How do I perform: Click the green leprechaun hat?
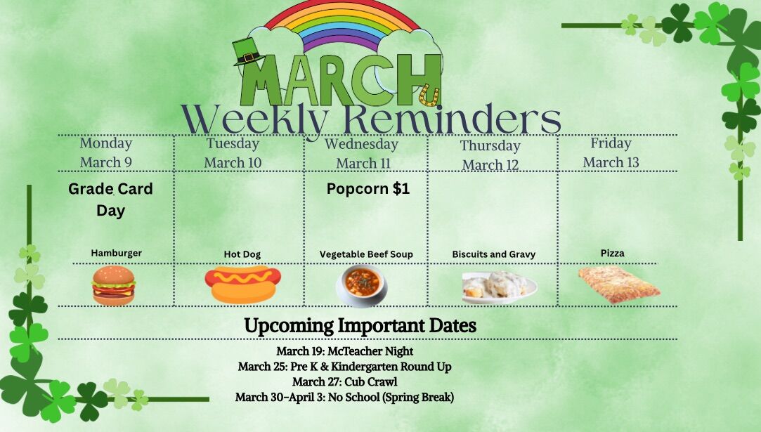point(247,52)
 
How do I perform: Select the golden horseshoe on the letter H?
point(429,95)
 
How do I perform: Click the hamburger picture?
point(114,285)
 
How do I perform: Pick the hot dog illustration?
point(242,284)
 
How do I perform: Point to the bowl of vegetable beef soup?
point(362,285)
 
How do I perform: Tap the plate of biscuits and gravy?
point(500,287)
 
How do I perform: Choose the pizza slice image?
point(619,284)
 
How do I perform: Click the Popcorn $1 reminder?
point(368,189)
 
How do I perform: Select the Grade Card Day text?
point(110,199)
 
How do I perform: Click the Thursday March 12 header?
point(490,155)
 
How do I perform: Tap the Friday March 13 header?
point(611,152)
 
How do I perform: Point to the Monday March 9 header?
point(106,152)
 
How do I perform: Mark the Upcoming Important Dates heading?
point(360,326)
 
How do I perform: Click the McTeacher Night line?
point(344,351)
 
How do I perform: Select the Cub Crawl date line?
point(344,381)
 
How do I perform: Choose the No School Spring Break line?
point(344,397)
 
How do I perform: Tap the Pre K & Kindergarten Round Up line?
point(344,367)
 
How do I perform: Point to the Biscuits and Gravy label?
point(493,254)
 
